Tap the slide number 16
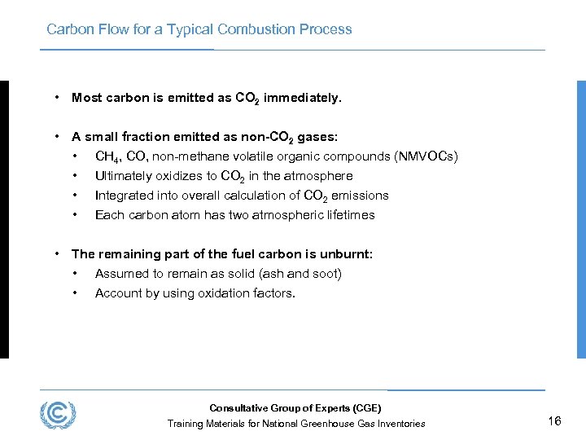tap(555, 420)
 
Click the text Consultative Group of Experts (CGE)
tap(295, 408)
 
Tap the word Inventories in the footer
tap(398, 424)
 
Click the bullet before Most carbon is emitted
tap(57, 98)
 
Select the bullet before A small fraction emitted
tap(57, 137)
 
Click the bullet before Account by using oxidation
tap(75, 293)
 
